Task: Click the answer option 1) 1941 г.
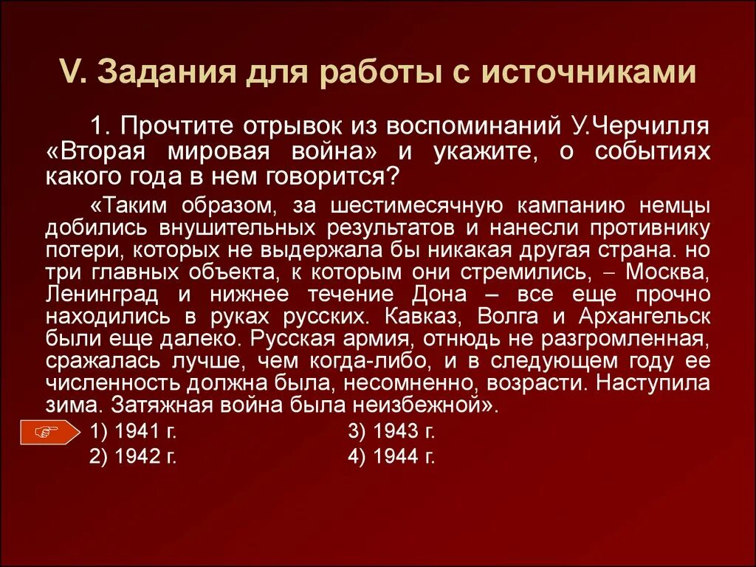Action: coord(132,432)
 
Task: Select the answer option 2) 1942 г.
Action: coord(132,456)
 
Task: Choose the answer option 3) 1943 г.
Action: coord(391,432)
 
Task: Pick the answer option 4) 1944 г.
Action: coord(391,456)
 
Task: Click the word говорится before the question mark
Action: coord(336,177)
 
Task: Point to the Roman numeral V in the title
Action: coord(66,73)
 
